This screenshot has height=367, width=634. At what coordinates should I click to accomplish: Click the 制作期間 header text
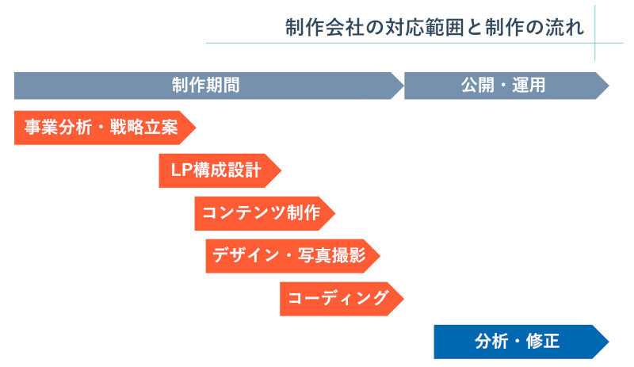205,86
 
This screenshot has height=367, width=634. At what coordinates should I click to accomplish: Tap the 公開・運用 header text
502,86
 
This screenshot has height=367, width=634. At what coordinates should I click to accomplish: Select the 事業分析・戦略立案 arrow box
100,128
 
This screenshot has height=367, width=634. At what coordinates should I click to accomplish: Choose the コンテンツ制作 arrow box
261,213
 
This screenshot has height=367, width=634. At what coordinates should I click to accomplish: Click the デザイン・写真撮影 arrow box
288,256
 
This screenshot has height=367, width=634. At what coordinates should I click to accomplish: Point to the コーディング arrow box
338,299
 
